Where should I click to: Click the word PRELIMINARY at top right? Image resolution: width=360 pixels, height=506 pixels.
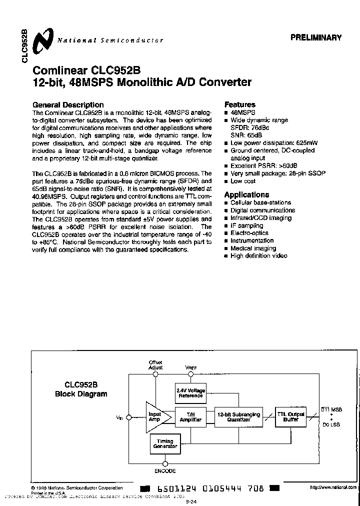tap(316, 37)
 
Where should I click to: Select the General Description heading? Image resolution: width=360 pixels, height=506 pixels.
tap(68, 105)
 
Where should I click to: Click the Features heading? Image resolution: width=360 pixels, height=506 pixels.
tap(239, 104)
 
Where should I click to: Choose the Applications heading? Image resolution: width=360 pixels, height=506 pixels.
tap(246, 195)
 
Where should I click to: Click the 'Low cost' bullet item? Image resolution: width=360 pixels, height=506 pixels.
tap(243, 181)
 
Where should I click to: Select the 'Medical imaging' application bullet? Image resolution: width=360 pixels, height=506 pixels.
tap(253, 248)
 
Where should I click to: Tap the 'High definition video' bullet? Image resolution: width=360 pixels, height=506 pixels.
tap(258, 256)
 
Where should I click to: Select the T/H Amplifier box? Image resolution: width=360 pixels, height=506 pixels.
tap(190, 417)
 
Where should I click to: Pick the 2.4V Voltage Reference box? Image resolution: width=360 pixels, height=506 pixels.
tap(190, 392)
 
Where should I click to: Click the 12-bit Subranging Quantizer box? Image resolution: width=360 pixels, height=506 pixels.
tap(238, 417)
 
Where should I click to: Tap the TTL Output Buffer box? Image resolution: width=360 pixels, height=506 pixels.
tap(291, 417)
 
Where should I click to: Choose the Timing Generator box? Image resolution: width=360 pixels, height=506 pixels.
tap(165, 443)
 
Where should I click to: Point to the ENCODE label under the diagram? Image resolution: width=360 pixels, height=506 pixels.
tap(165, 471)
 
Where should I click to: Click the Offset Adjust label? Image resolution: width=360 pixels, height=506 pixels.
tap(156, 364)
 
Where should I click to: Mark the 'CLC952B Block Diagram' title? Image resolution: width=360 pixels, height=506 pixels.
tap(81, 389)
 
